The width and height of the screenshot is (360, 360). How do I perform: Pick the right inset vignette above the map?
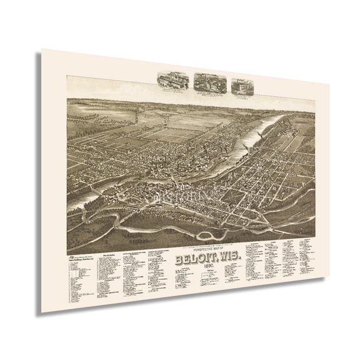(x=242, y=86)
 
